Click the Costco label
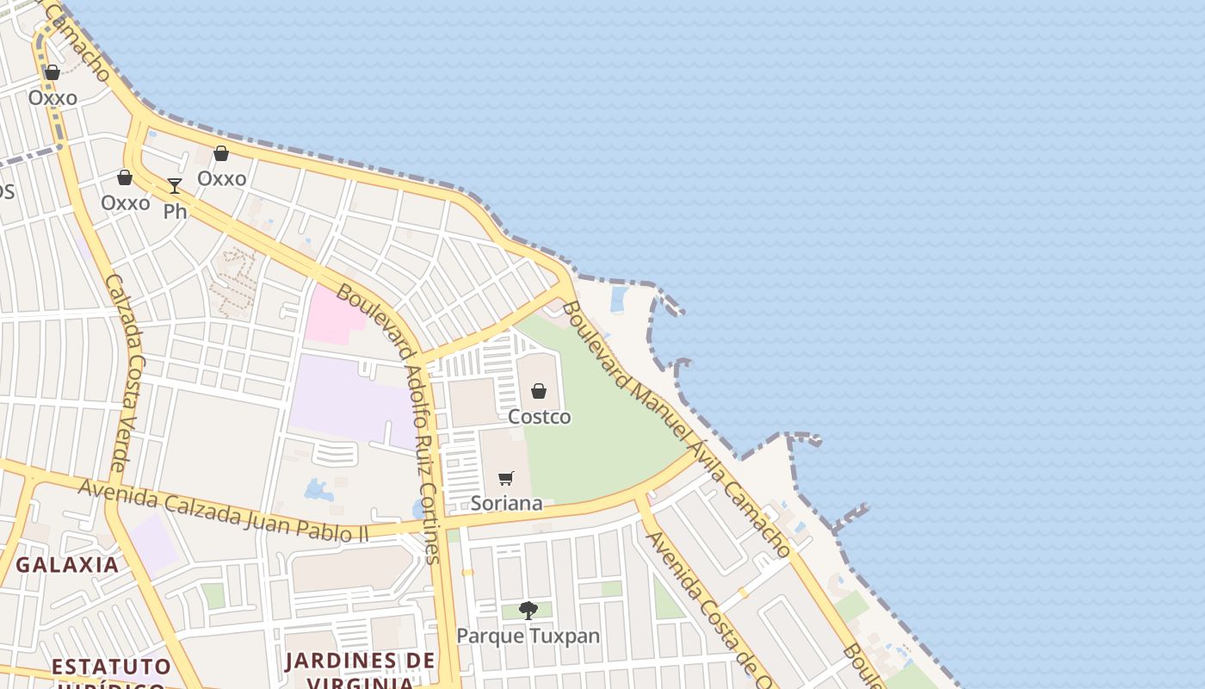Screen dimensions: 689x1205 coord(539,417)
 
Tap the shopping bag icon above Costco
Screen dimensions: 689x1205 coord(539,391)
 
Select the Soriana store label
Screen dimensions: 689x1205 coord(506,503)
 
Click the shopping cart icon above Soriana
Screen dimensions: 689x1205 coord(506,478)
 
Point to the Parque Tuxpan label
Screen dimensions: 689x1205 coord(528,636)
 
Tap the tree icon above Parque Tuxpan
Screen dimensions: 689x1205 coord(528,610)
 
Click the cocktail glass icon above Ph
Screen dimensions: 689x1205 coord(175,185)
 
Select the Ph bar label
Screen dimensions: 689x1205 coord(175,211)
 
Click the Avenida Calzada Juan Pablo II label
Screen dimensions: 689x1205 coord(224,511)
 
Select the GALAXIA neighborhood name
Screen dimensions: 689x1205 coord(67,565)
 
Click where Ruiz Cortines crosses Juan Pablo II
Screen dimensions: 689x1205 coord(442,523)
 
